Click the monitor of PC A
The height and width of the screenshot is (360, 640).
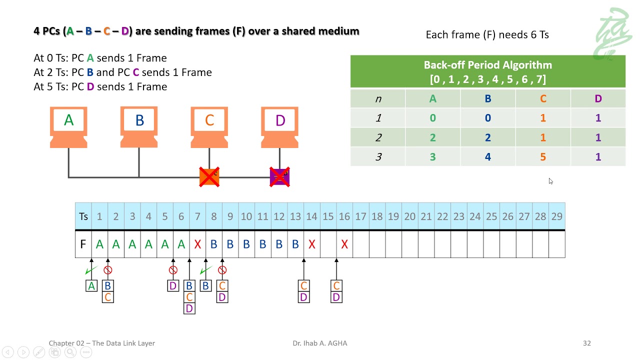pyautogui.click(x=68, y=120)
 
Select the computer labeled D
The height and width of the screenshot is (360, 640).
pyautogui.click(x=279, y=127)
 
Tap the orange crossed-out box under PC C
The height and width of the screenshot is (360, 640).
pyautogui.click(x=209, y=177)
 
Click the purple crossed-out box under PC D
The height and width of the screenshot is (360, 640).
pyautogui.click(x=279, y=177)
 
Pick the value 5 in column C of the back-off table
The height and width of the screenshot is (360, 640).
pyautogui.click(x=543, y=157)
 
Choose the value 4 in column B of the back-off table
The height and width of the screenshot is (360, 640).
pyautogui.click(x=487, y=157)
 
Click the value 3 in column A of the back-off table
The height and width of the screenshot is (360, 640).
pyautogui.click(x=432, y=157)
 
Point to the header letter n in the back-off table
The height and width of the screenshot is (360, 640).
pyautogui.click(x=378, y=99)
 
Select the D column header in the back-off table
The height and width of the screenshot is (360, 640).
pyautogui.click(x=598, y=99)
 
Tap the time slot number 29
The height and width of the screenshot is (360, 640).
pyautogui.click(x=557, y=216)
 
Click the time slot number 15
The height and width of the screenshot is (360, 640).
pyautogui.click(x=328, y=216)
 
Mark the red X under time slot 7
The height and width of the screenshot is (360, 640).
pyautogui.click(x=197, y=244)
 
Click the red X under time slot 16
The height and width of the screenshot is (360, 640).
pyautogui.click(x=344, y=244)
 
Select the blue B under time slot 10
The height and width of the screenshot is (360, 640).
pyautogui.click(x=246, y=244)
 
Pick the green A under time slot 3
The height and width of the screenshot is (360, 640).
pyautogui.click(x=132, y=244)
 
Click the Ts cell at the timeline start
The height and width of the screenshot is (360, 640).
pyautogui.click(x=83, y=216)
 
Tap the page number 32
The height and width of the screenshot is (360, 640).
pyautogui.click(x=587, y=343)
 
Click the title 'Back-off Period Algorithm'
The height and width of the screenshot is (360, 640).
pyautogui.click(x=487, y=65)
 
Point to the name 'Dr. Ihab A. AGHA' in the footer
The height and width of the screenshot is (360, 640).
pyautogui.click(x=319, y=343)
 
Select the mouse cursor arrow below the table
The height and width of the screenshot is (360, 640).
pyautogui.click(x=550, y=181)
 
